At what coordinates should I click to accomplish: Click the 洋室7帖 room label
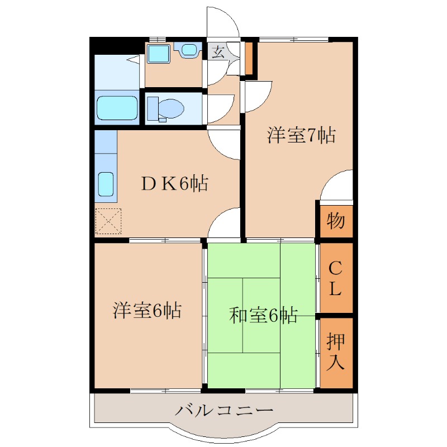[301, 135]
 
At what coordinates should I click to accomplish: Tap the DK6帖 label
[174, 183]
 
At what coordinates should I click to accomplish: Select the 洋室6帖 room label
[147, 310]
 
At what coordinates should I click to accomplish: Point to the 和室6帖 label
[263, 316]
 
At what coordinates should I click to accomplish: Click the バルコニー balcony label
[225, 411]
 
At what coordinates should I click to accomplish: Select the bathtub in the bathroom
[117, 108]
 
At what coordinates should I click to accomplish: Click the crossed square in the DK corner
[108, 221]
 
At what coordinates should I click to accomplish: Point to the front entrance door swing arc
[223, 22]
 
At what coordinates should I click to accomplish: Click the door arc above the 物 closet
[337, 186]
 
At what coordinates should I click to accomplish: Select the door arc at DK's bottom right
[225, 223]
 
